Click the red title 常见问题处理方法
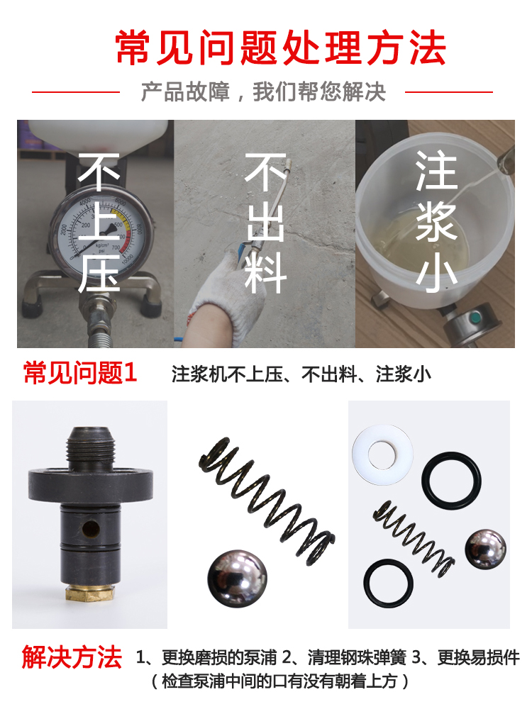[280, 48]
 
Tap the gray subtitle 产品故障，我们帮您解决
[263, 91]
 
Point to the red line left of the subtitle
[76, 91]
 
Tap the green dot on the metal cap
[475, 319]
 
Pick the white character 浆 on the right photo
[436, 221]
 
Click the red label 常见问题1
[80, 373]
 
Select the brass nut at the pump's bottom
[89, 592]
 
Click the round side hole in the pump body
[92, 528]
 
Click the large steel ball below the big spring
[237, 578]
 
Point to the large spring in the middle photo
[267, 500]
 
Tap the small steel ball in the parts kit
[485, 549]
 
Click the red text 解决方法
[72, 657]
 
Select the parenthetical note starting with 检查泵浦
[280, 681]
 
